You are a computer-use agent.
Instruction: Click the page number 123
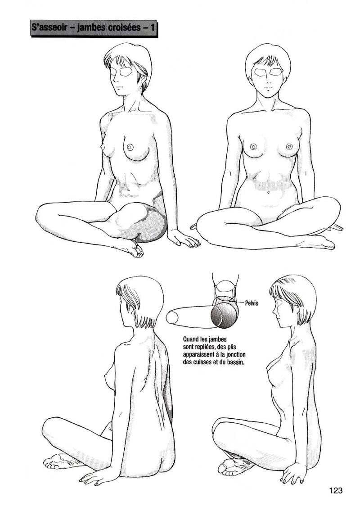335,490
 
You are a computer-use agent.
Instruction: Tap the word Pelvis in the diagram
252,303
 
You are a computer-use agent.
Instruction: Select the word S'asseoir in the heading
49,28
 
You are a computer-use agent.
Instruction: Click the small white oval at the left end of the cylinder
172,317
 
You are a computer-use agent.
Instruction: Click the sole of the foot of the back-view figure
60,461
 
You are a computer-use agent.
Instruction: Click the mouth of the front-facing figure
267,88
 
